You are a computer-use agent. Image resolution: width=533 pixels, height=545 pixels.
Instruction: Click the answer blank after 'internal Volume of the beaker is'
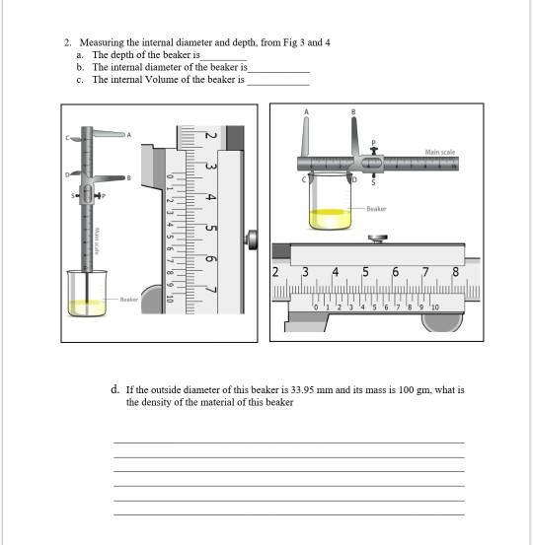tap(277, 80)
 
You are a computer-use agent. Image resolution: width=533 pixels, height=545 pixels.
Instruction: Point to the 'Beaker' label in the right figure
tap(376, 209)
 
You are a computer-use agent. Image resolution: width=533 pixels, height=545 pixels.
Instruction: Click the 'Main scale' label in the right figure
tap(439, 153)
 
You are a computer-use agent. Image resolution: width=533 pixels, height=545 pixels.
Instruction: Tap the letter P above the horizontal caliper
tap(373, 143)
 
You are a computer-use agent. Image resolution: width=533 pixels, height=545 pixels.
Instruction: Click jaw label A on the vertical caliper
tap(126, 134)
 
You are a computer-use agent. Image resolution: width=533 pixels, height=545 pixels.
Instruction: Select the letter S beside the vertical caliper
tap(69, 197)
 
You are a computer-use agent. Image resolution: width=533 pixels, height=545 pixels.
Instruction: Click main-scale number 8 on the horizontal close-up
tap(456, 272)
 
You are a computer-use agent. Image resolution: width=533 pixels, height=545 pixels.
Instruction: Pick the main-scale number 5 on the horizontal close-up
tap(366, 272)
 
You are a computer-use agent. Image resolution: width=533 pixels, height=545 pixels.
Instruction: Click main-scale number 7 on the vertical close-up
tap(209, 292)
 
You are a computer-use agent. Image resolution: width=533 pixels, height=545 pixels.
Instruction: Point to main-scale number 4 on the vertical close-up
tap(209, 197)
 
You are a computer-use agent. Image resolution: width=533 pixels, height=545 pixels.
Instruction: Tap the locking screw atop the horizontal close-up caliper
tap(375, 238)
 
